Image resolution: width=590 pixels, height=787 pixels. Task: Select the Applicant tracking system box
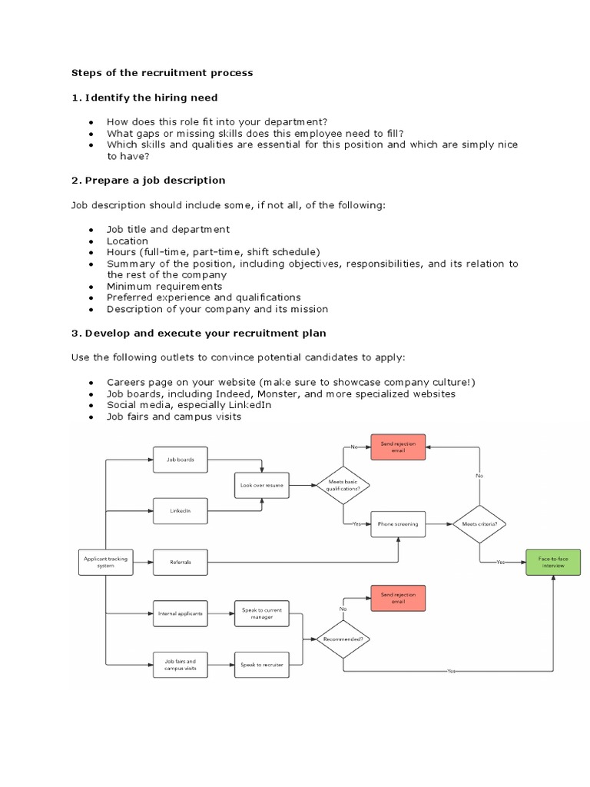coord(104,562)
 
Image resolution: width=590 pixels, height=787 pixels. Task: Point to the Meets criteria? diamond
coord(479,523)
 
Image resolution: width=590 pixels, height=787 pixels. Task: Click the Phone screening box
coord(398,523)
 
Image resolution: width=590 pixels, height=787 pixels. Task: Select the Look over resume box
coord(261,485)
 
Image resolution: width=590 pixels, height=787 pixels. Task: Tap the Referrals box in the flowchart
coord(181,562)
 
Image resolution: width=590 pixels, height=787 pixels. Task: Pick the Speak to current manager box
coord(261,613)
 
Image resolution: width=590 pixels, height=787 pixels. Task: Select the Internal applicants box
coord(181,613)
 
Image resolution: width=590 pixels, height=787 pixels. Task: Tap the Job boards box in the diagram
coord(181,460)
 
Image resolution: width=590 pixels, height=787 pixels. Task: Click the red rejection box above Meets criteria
coord(398,447)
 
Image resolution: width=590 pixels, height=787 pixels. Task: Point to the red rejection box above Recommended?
coord(398,598)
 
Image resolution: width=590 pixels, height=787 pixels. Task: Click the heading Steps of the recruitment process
coord(162,73)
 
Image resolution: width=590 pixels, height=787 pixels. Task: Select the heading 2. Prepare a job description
coord(148,180)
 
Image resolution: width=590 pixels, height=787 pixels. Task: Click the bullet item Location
coord(128,241)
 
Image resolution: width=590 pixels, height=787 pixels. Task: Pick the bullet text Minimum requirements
coord(164,286)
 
